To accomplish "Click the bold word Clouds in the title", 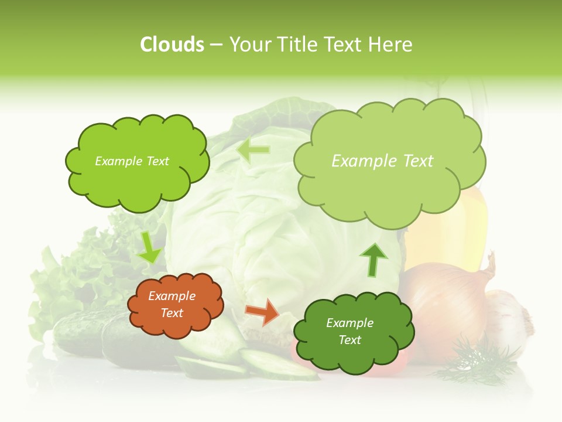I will coord(172,45).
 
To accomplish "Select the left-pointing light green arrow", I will coord(253,151).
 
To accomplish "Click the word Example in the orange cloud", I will coord(172,296).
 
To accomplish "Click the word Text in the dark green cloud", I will coord(349,340).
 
